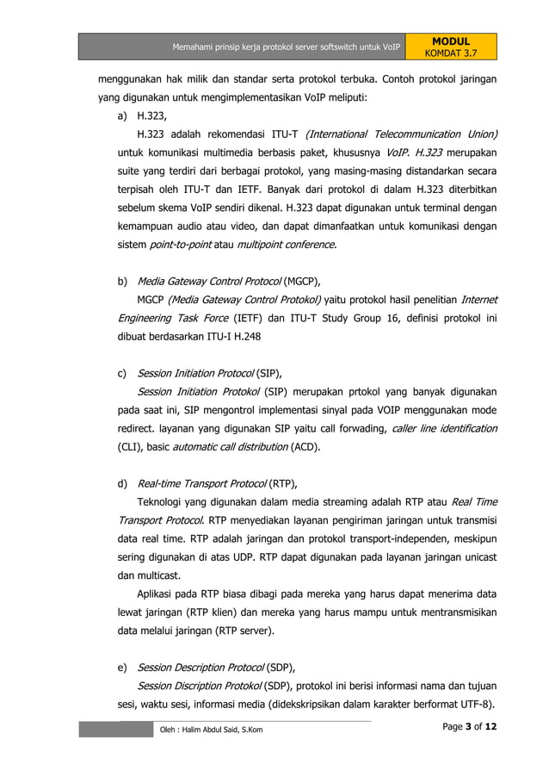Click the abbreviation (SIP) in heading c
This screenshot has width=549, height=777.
pos(268,373)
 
